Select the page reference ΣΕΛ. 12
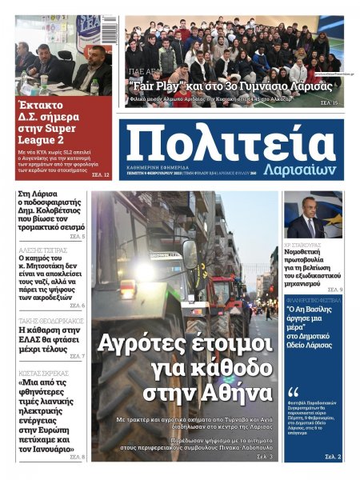[101, 174]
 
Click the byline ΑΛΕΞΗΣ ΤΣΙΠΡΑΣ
[45, 250]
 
